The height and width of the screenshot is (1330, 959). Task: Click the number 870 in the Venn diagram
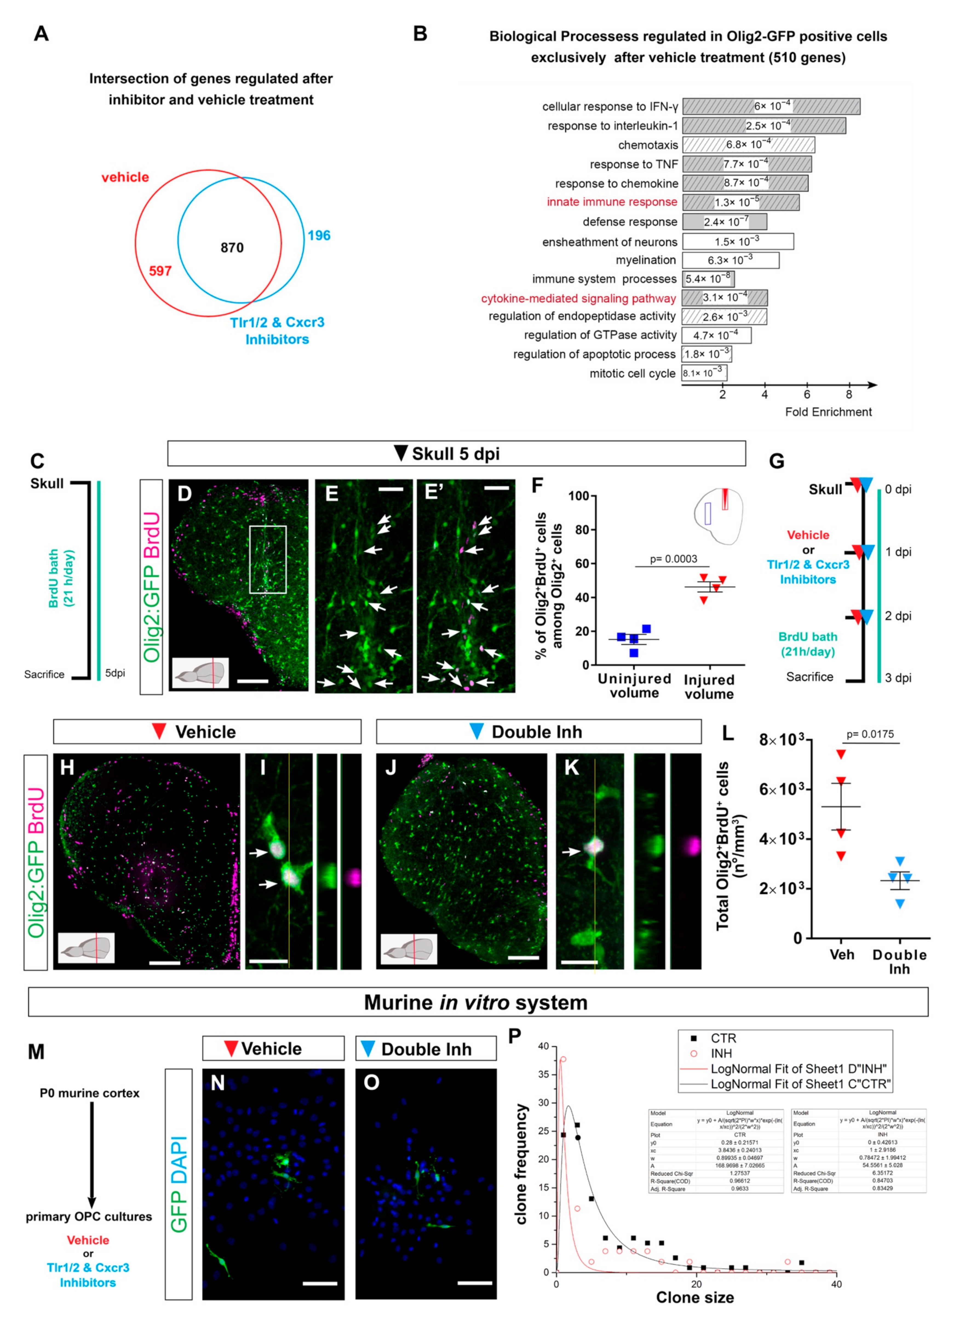pyautogui.click(x=232, y=248)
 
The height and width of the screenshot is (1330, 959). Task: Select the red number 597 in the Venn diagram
pyautogui.click(x=160, y=271)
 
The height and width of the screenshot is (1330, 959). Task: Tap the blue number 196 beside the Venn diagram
pyautogui.click(x=319, y=236)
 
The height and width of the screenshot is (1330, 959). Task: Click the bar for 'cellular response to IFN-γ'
pyautogui.click(x=771, y=106)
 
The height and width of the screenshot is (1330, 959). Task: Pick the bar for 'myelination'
pyautogui.click(x=730, y=260)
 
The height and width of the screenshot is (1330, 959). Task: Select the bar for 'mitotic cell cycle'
pyautogui.click(x=704, y=373)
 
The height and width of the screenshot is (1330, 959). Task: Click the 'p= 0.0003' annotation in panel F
pyautogui.click(x=673, y=559)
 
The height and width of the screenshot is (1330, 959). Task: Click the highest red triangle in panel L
pyautogui.click(x=841, y=755)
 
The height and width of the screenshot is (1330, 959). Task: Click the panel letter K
pyautogui.click(x=571, y=768)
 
